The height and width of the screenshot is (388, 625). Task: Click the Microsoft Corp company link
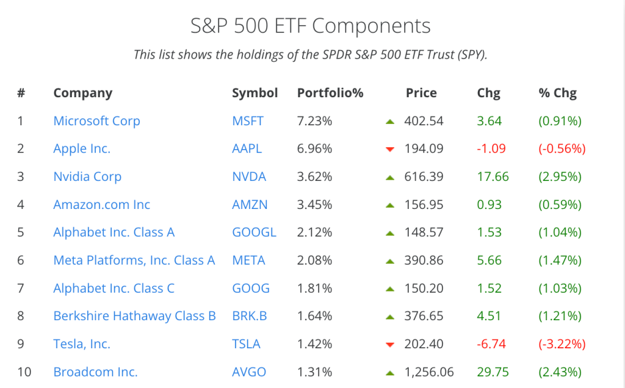96,121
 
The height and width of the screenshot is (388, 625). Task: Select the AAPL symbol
248,148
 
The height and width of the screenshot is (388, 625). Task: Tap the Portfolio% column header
330,93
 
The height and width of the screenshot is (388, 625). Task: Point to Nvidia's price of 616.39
424,177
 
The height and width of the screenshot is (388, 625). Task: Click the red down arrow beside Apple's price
390,149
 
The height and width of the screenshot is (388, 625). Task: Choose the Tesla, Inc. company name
82,344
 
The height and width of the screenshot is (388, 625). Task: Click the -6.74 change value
491,344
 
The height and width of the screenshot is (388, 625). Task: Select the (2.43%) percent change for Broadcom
560,372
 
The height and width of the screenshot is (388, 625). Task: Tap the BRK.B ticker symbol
250,316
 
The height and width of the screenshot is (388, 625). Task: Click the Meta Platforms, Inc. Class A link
134,260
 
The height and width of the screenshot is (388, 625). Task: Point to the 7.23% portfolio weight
314,121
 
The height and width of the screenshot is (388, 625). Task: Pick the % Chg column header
557,93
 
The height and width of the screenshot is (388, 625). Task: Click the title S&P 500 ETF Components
311,26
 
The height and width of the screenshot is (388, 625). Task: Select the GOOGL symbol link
254,232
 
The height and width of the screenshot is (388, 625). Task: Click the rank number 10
24,372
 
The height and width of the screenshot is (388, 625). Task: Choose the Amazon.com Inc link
101,205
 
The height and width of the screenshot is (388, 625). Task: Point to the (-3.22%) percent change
562,344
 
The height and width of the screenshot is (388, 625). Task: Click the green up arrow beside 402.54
390,122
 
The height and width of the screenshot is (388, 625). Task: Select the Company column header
83,93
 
